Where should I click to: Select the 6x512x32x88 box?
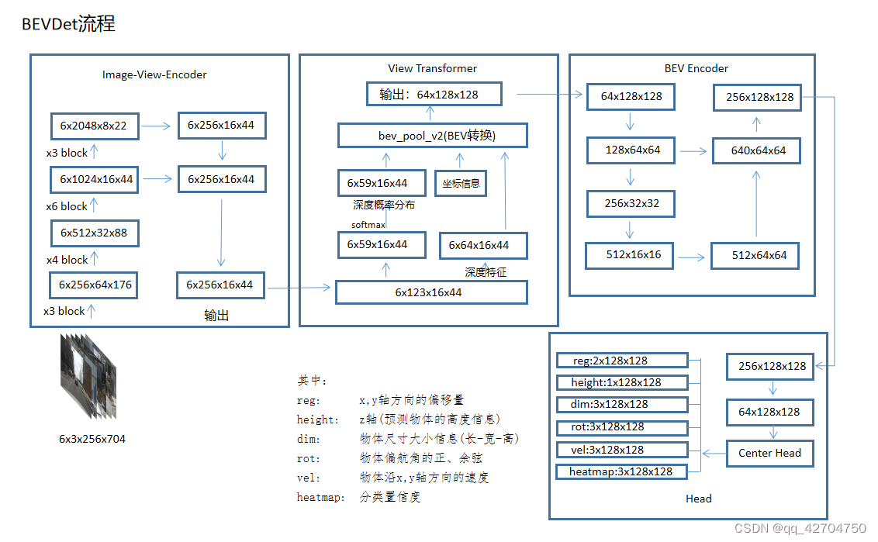pyautogui.click(x=95, y=233)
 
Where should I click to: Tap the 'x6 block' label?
pyautogui.click(x=67, y=206)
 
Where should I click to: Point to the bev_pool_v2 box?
pyautogui.click(x=432, y=136)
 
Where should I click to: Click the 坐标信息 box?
pyautogui.click(x=461, y=184)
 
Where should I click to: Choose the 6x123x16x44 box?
pyautogui.click(x=431, y=292)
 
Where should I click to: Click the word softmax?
pyautogui.click(x=368, y=224)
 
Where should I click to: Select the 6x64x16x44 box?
pyautogui.click(x=483, y=246)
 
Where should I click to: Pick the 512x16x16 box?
pyautogui.click(x=629, y=255)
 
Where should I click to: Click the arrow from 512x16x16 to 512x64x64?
pyautogui.click(x=692, y=255)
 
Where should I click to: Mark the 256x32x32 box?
pyautogui.click(x=629, y=203)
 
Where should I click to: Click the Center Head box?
pyautogui.click(x=769, y=453)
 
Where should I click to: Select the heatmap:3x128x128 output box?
pyautogui.click(x=621, y=471)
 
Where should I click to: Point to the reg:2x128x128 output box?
pyautogui.click(x=621, y=361)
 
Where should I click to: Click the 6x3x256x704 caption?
pyautogui.click(x=92, y=439)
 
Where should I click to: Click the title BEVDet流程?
pyautogui.click(x=68, y=24)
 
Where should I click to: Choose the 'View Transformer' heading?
pyautogui.click(x=432, y=68)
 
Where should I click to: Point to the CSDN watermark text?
pyautogui.click(x=800, y=528)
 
